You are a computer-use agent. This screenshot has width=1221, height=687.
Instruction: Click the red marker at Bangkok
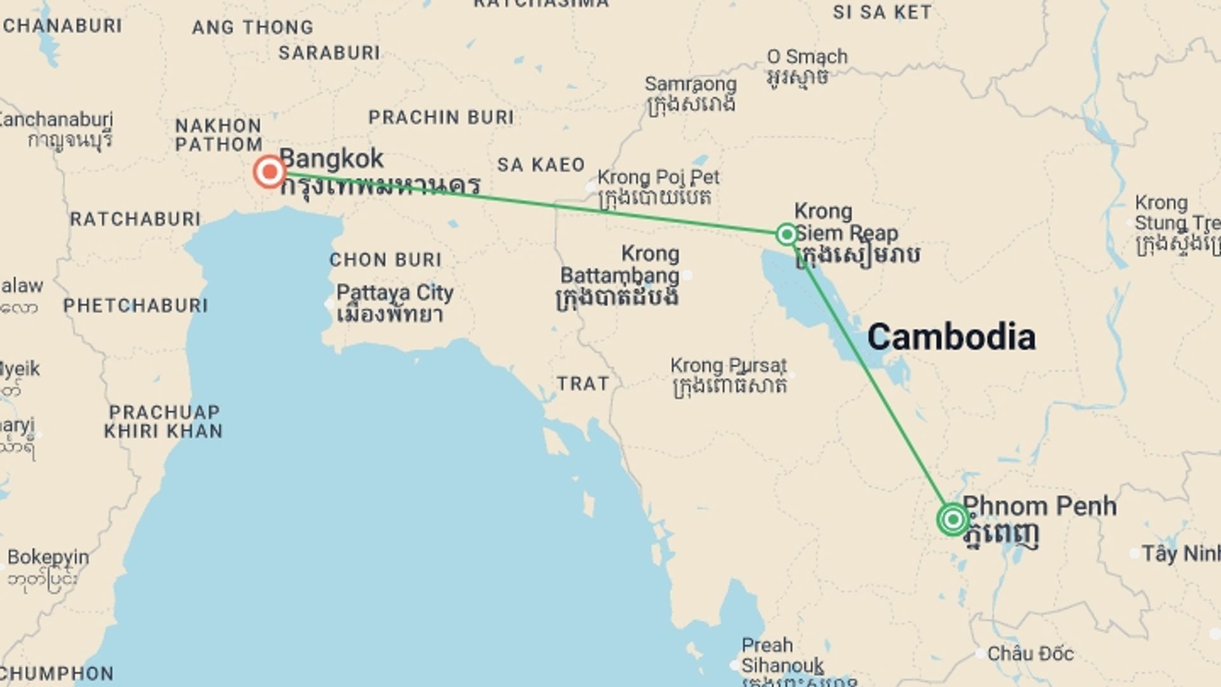pyautogui.click(x=270, y=171)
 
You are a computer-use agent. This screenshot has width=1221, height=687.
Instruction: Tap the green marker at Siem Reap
pyautogui.click(x=787, y=234)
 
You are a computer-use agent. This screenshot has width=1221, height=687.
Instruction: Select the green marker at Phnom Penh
pyautogui.click(x=953, y=520)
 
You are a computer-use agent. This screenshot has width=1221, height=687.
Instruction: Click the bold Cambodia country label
pyautogui.click(x=951, y=337)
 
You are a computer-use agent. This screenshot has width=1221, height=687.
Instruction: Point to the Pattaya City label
pyautogui.click(x=394, y=293)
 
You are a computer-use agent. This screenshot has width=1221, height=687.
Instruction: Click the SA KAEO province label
pyautogui.click(x=541, y=165)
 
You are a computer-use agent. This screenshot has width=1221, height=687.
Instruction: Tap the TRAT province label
pyautogui.click(x=583, y=384)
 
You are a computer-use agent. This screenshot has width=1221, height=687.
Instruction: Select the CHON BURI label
pyautogui.click(x=385, y=260)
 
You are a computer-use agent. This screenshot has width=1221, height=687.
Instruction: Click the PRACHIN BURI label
pyautogui.click(x=441, y=118)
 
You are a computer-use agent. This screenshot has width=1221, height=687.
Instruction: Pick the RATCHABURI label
pyautogui.click(x=135, y=219)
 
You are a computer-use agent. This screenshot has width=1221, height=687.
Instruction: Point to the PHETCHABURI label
pyautogui.click(x=135, y=306)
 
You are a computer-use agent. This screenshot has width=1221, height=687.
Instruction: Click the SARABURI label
pyautogui.click(x=329, y=53)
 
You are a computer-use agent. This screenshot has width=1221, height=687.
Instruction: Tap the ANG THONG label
pyautogui.click(x=253, y=27)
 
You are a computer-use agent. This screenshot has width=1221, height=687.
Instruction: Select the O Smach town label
pyautogui.click(x=807, y=57)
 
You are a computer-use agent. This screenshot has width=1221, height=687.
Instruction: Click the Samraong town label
pyautogui.click(x=691, y=84)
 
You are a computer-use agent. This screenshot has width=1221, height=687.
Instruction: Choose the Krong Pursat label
pyautogui.click(x=729, y=366)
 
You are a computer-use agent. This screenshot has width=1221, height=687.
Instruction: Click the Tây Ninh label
pyautogui.click(x=1180, y=554)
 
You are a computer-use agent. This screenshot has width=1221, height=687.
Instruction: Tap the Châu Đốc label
pyautogui.click(x=1030, y=654)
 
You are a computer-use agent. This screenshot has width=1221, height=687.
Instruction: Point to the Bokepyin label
pyautogui.click(x=48, y=557)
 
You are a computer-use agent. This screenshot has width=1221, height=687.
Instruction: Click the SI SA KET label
pyautogui.click(x=882, y=12)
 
